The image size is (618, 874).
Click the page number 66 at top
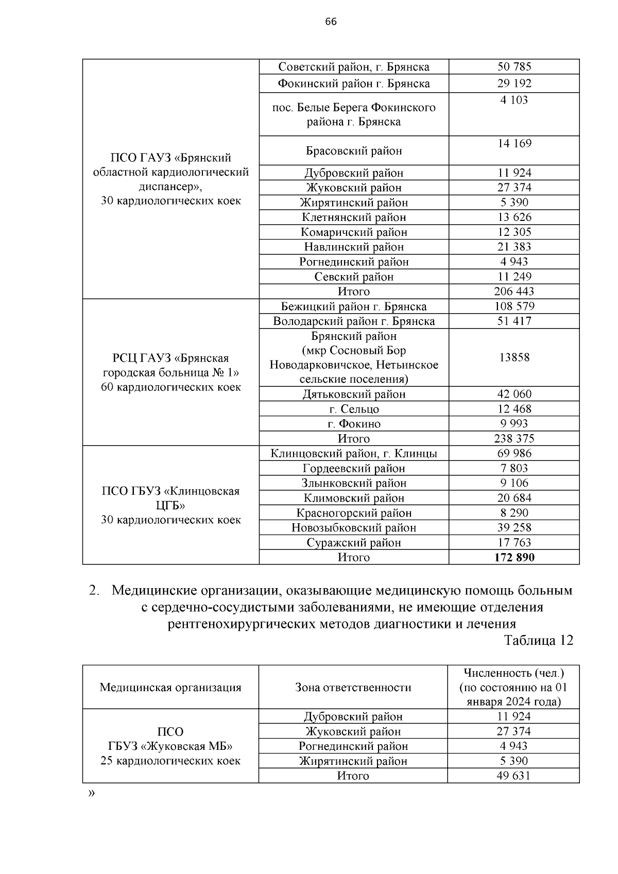pos(331,22)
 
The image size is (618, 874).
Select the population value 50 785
pos(514,67)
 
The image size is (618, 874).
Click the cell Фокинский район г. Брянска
pos(354,83)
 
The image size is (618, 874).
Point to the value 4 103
pos(514,100)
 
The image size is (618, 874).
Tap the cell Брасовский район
pos(354,151)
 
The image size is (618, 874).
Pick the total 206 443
pos(514,292)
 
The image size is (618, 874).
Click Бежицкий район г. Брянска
pos(354,306)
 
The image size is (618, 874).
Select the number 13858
pos(514,357)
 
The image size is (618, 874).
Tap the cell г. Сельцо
pos(354,409)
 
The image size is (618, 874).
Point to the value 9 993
pos(514,424)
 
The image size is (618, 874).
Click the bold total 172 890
pos(514,557)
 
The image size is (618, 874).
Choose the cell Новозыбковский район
pos(354,528)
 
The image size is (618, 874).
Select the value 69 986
pos(514,454)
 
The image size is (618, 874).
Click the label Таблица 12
pos(538,640)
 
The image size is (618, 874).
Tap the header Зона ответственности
pos(353,688)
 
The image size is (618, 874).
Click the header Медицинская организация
pos(170,688)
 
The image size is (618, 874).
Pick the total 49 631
pos(513,776)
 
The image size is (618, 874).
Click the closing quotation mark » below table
pos(91,794)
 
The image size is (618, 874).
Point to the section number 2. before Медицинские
pos(94,590)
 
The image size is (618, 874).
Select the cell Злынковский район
pos(354,483)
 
